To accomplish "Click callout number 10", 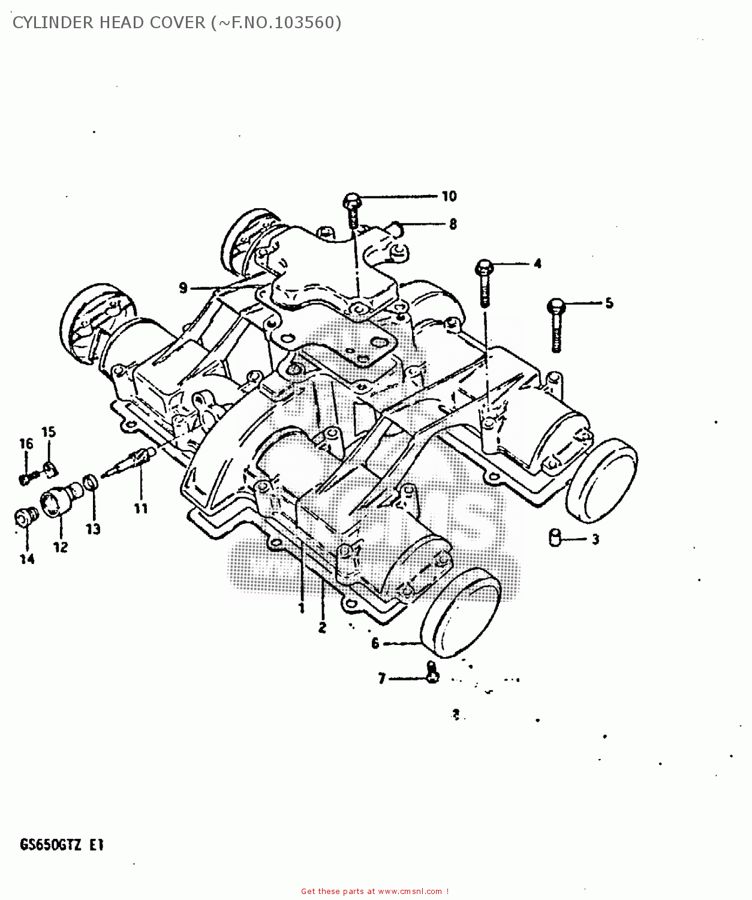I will tap(449, 196).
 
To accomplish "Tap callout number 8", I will tap(453, 224).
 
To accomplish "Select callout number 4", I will tap(537, 263).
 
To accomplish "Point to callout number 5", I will tap(609, 303).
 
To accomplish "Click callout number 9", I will tap(184, 289).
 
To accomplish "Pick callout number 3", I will tap(595, 539).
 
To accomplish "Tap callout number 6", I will tap(375, 644).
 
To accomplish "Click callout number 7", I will tap(382, 679).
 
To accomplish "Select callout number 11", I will tap(140, 509).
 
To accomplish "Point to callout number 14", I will tap(27, 559).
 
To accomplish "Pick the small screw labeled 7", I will tap(432, 673).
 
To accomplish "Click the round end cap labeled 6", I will tap(461, 612).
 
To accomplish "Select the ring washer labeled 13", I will tap(91, 481).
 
